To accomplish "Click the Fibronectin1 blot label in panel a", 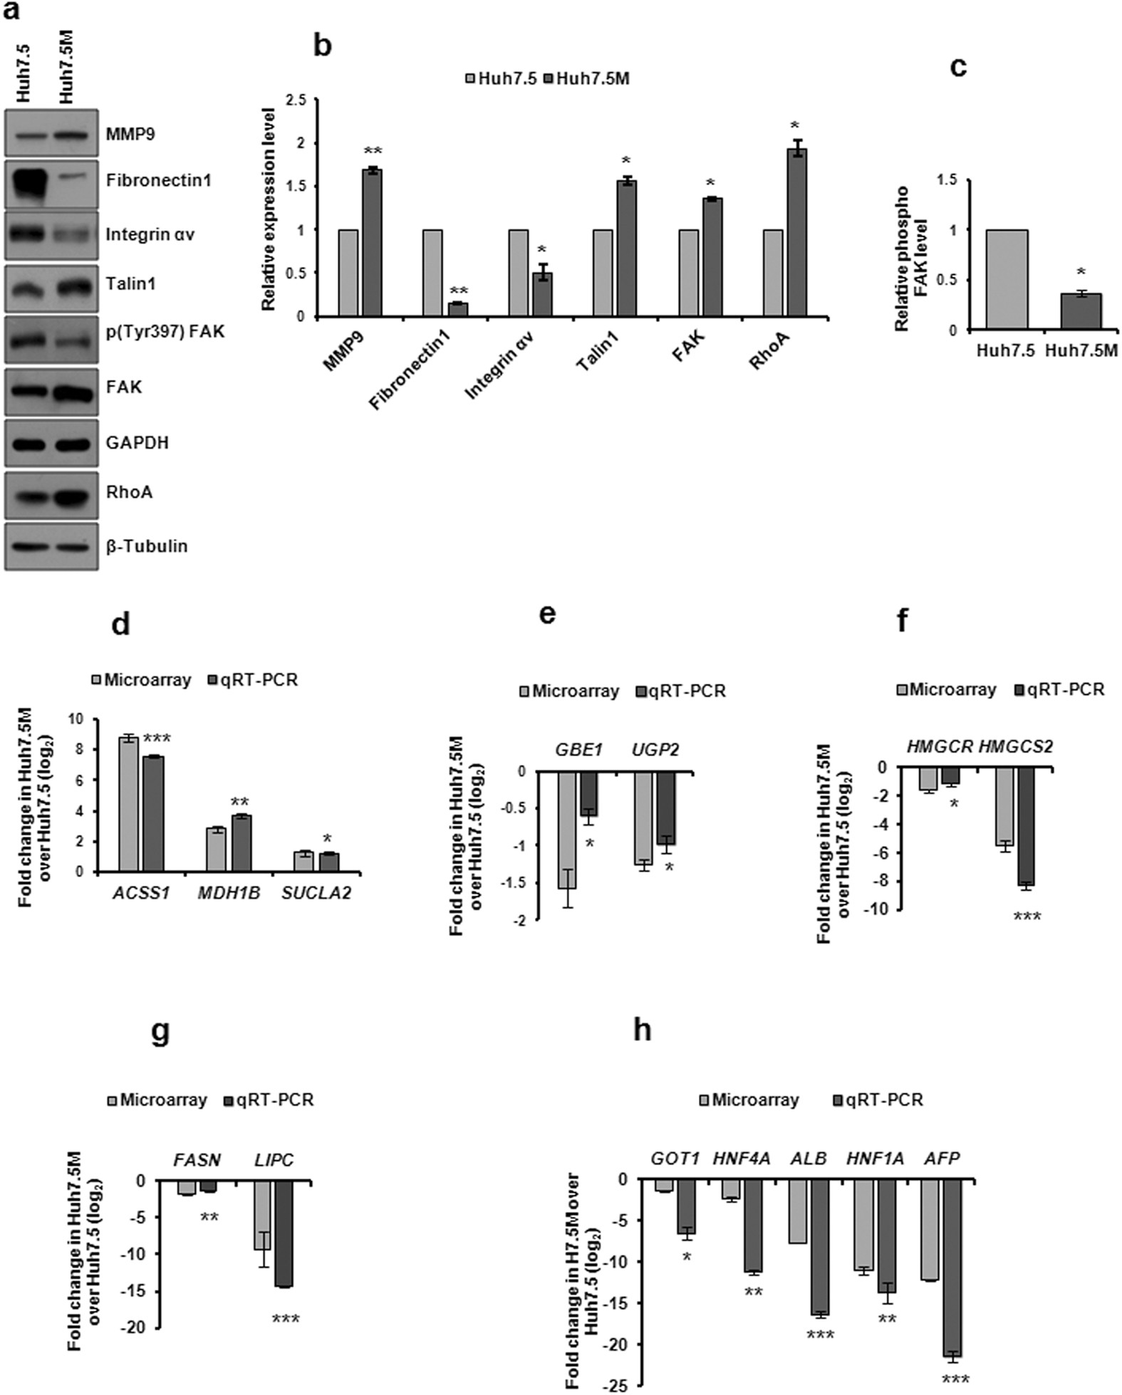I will coord(158,180).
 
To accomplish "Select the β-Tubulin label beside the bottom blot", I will coord(147,546).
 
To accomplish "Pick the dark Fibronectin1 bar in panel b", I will coord(457,309).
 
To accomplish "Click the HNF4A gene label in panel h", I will coord(742,1159).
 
